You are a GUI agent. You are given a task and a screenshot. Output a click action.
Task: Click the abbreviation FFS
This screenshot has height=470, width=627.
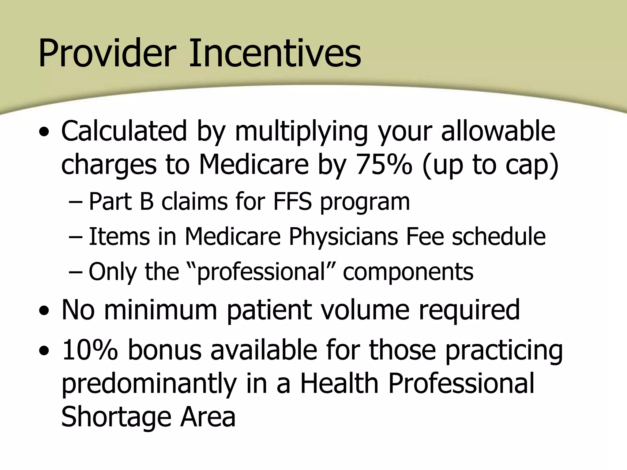[x=292, y=202]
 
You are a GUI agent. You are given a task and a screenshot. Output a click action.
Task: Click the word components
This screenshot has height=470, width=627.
[x=408, y=272]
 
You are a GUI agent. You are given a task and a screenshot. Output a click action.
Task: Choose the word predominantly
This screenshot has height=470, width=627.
[x=149, y=384]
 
